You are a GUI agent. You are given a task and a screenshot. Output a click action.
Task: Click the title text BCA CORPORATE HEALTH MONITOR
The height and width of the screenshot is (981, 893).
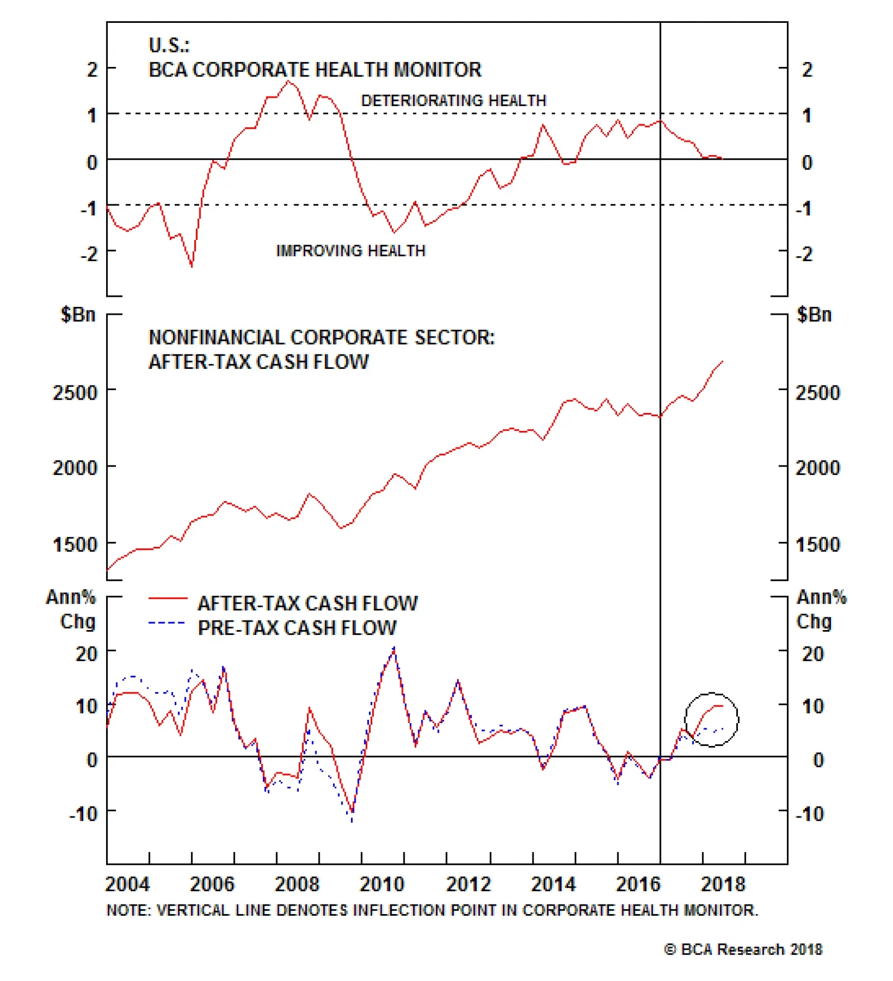pyautogui.click(x=314, y=70)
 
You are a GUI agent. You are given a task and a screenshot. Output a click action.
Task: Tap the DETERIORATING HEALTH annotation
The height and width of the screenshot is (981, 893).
pyautogui.click(x=453, y=100)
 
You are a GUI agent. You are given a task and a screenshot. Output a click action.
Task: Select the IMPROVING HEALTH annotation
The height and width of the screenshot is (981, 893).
pyautogui.click(x=351, y=251)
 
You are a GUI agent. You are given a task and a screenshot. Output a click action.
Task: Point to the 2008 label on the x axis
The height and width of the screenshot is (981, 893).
pyautogui.click(x=296, y=884)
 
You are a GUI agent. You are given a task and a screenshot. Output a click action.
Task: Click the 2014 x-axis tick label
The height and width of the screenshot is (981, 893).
pyautogui.click(x=553, y=884)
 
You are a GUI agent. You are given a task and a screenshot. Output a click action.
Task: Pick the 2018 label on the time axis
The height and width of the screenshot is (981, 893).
pyautogui.click(x=723, y=884)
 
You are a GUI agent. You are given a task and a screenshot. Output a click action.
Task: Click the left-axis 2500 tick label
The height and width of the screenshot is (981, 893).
pyautogui.click(x=75, y=393)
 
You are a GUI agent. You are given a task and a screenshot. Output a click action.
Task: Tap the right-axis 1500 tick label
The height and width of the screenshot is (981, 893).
pyautogui.click(x=817, y=545)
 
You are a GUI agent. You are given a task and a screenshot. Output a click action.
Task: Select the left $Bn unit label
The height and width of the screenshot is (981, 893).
pyautogui.click(x=78, y=315)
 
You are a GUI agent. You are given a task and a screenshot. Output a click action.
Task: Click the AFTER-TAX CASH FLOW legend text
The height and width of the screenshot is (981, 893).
pyautogui.click(x=307, y=603)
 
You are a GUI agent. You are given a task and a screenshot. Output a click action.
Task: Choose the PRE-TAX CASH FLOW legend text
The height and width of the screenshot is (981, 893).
pyautogui.click(x=297, y=628)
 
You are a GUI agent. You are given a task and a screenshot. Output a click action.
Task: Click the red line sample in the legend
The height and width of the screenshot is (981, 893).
pyautogui.click(x=167, y=599)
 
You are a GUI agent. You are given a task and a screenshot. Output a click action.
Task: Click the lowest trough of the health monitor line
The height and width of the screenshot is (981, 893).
pyautogui.click(x=192, y=266)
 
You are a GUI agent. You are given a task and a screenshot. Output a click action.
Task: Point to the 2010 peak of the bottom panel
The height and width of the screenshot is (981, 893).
pyautogui.click(x=394, y=649)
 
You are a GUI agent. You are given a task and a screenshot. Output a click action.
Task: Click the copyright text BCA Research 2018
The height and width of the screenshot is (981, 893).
pyautogui.click(x=743, y=949)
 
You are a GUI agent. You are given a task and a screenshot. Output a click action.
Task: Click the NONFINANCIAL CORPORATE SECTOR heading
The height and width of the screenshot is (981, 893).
pyautogui.click(x=321, y=338)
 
